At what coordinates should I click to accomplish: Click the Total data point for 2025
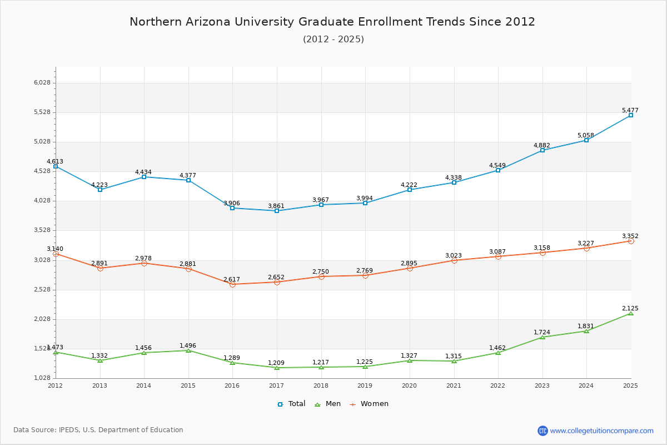coord(631,115)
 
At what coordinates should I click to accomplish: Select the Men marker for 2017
coord(277,368)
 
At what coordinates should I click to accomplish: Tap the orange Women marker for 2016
coord(232,284)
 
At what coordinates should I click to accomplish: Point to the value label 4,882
coord(542,146)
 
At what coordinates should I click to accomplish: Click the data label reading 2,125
coord(630,308)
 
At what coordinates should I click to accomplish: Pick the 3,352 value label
coord(630,236)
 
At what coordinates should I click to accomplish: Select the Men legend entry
coord(328,404)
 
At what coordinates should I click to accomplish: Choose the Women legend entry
coord(369,404)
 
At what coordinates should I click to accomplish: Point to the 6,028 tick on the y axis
coord(42,83)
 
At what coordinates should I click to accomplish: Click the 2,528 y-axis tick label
coord(42,290)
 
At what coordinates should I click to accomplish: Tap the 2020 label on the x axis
coord(409,385)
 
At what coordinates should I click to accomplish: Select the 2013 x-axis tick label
coord(99,385)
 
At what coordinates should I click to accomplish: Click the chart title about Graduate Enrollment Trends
coord(332,22)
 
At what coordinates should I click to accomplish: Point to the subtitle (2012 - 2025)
coord(333,39)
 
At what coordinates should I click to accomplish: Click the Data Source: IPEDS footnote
coord(98,430)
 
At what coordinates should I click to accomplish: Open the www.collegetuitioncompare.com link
coord(601,431)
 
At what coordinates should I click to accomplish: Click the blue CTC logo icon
coord(542,431)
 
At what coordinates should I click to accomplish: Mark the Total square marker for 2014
coord(144,177)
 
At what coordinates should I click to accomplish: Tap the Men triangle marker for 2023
coord(542,337)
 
